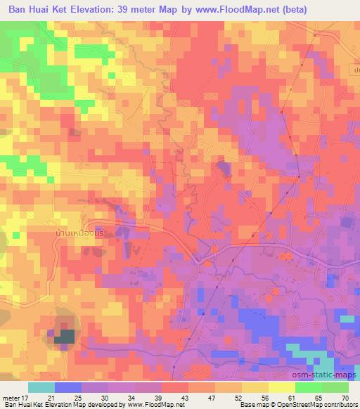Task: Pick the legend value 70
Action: click(344, 398)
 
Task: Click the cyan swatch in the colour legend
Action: click(41, 387)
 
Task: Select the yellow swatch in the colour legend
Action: click(281, 387)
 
